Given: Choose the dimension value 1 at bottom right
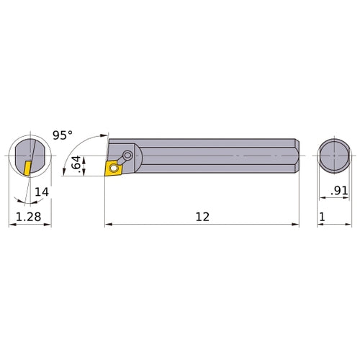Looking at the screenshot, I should click(323, 215).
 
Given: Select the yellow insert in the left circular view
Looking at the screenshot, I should click(26, 168).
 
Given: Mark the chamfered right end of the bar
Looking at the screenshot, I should click(295, 155).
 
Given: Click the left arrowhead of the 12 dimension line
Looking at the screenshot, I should click(109, 225).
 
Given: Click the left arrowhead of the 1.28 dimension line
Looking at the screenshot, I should click(12, 225).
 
